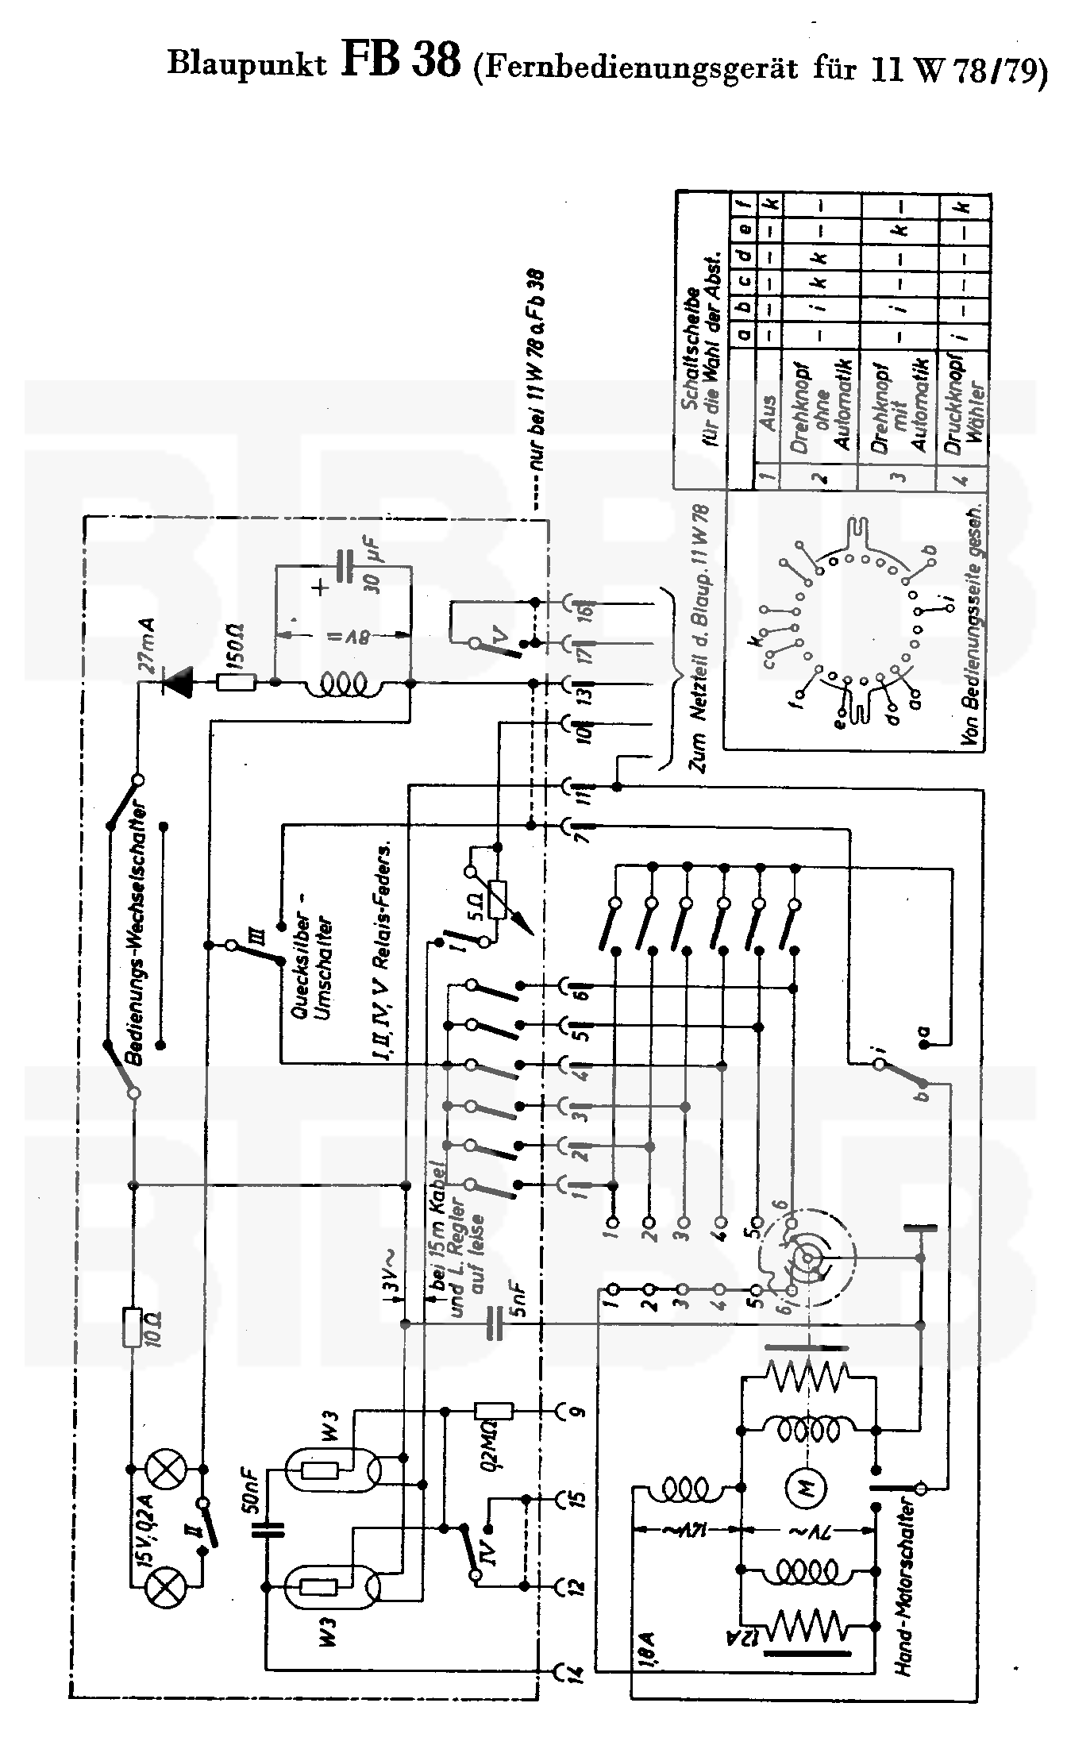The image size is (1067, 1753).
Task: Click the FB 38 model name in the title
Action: [401, 62]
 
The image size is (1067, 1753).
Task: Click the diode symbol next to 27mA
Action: [178, 681]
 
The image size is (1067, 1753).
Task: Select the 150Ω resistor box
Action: [236, 681]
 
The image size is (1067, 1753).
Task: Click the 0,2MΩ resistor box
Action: [493, 1411]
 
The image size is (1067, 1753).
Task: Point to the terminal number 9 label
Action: [577, 1411]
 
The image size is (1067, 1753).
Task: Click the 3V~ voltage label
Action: [391, 1280]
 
